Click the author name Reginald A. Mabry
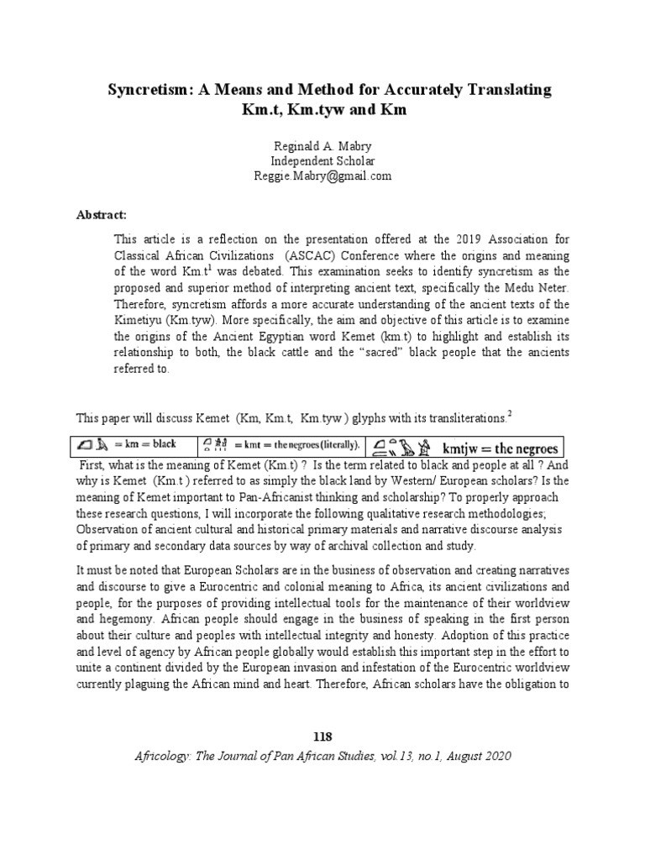pos(322,145)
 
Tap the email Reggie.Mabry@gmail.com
pos(322,176)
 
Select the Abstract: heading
pos(101,214)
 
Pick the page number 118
pos(322,737)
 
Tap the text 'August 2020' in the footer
pos(475,756)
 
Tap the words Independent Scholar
pos(322,160)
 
